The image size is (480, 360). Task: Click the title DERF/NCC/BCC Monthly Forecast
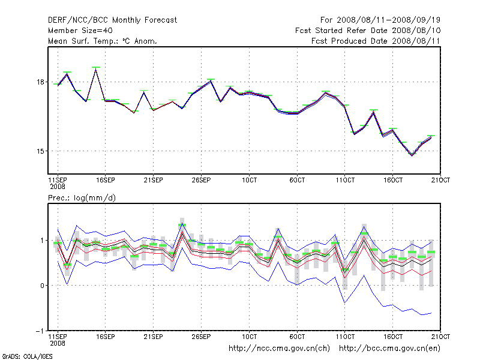(112, 20)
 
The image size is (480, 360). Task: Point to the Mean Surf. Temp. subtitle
(103, 41)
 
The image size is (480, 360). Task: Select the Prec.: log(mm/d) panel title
(77, 197)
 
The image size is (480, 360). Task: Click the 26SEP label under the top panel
(201, 179)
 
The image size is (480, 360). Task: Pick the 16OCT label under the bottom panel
(393, 336)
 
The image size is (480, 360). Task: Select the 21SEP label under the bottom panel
(153, 336)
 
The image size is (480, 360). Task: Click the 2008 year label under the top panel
(57, 187)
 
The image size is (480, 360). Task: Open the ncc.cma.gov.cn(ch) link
(279, 348)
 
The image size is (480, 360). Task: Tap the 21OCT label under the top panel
(440, 179)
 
